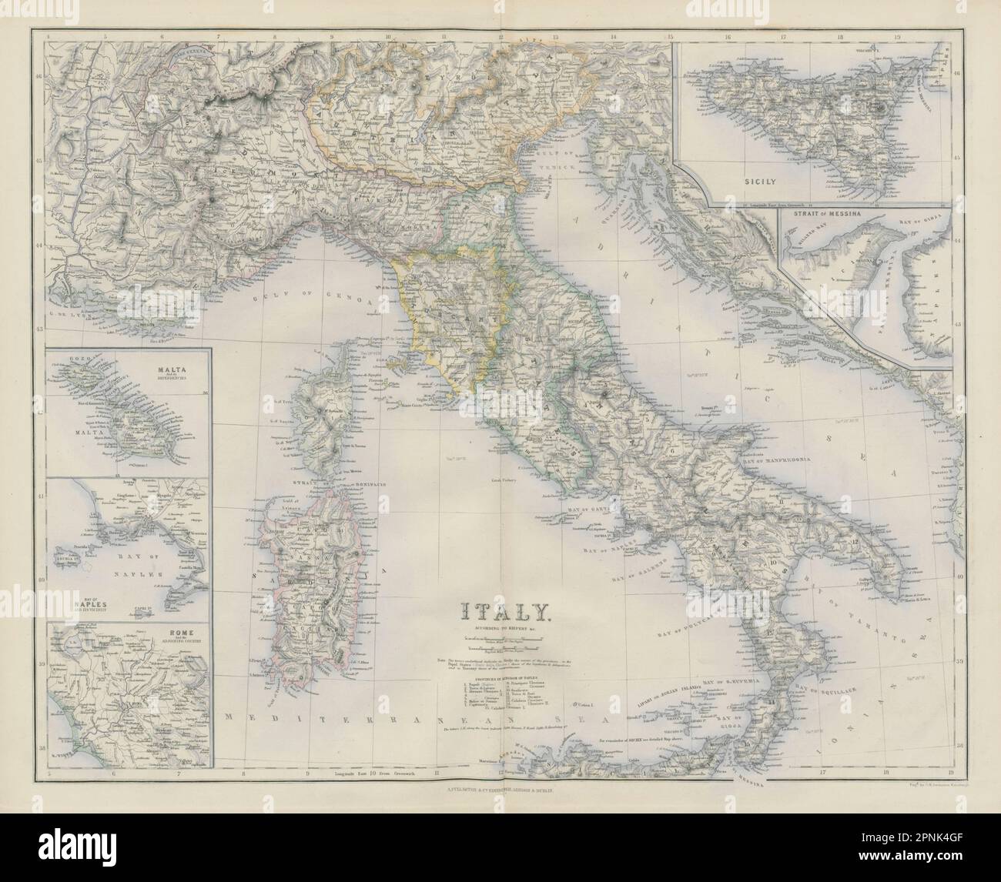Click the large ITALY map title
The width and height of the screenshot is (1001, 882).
(x=504, y=611)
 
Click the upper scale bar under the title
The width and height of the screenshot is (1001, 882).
(x=504, y=638)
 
